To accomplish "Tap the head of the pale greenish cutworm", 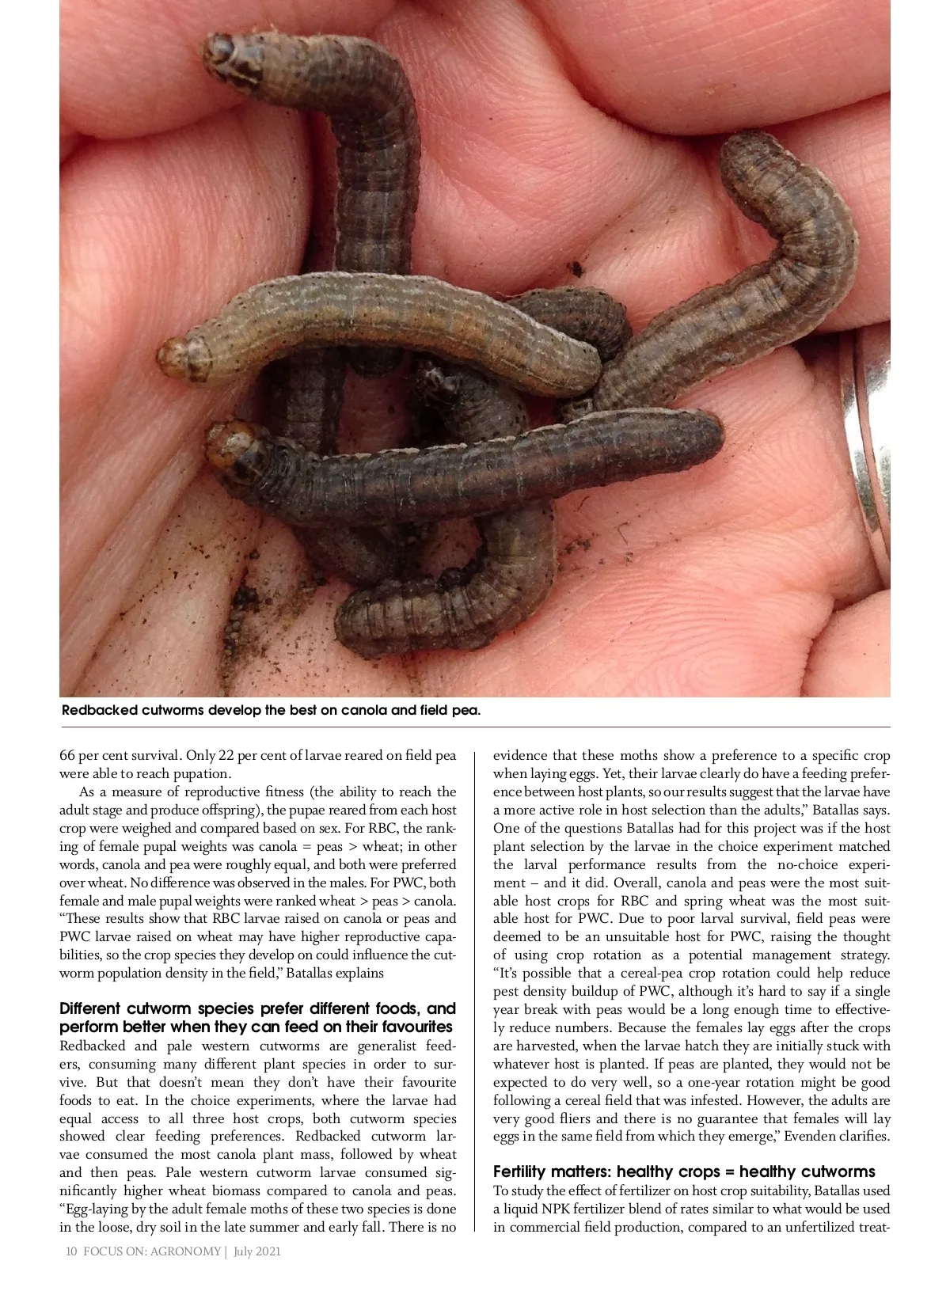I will [x=178, y=358].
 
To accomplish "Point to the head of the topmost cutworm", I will [x=230, y=58].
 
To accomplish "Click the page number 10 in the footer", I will [x=71, y=1251].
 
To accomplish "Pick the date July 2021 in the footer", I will [x=257, y=1251].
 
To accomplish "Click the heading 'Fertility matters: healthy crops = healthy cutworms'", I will [x=684, y=1171].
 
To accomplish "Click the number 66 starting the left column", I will [x=67, y=755].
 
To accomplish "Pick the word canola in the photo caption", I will [x=363, y=710].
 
